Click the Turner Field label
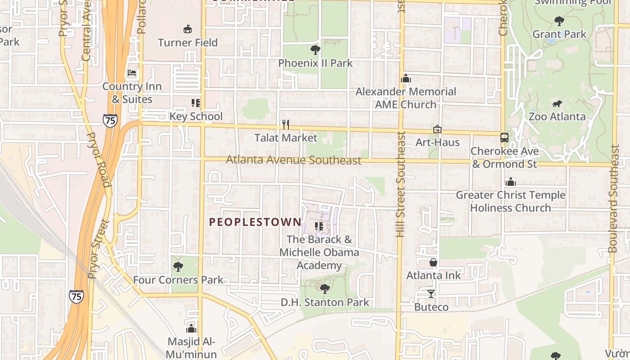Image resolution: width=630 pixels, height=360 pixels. (188, 43)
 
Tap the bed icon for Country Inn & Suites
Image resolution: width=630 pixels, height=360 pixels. (132, 72)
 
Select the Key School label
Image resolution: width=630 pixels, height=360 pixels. (196, 117)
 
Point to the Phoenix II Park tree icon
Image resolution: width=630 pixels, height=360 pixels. (315, 49)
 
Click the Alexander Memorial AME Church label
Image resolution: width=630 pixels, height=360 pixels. (406, 98)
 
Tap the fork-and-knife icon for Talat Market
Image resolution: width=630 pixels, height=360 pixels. (285, 124)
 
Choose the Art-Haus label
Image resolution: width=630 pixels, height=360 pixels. (437, 143)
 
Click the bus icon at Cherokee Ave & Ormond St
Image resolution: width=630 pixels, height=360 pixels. (504, 138)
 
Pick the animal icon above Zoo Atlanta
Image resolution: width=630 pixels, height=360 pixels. (557, 104)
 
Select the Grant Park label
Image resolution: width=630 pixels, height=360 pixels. (559, 34)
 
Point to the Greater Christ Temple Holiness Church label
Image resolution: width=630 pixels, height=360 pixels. (510, 201)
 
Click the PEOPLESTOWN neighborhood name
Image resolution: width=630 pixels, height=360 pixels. (255, 222)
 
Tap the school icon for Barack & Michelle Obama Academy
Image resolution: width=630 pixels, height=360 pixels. (319, 226)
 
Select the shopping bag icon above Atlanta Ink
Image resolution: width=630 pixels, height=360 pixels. (433, 262)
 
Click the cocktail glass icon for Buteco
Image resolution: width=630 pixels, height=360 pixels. (431, 294)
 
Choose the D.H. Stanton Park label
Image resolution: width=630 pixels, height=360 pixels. (325, 302)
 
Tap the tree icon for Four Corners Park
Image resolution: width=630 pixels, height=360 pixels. (178, 267)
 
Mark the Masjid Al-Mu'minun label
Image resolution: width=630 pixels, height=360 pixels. (191, 348)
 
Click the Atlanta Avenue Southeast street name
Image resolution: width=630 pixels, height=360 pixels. (293, 160)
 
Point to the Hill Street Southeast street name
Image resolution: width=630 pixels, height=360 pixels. (400, 184)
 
